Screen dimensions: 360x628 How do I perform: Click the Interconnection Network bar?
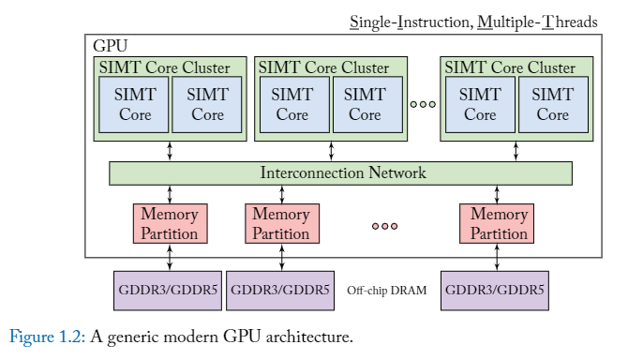point(341,173)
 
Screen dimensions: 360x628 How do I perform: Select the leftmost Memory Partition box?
point(169,224)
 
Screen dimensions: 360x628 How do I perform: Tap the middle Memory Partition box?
point(280,224)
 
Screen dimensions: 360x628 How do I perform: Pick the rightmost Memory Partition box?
point(499,224)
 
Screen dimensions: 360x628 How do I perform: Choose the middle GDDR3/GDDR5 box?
point(279,291)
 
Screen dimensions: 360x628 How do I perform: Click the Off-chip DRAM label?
point(386,292)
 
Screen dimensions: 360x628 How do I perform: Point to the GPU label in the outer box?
point(111,45)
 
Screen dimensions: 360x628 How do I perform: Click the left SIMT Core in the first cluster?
point(135,104)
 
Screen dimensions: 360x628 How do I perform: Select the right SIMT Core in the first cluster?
point(207,104)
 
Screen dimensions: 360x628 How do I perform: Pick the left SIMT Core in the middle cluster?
point(293,104)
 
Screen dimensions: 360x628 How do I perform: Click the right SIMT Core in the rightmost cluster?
point(553,104)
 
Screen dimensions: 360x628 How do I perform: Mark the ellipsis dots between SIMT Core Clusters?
point(424,103)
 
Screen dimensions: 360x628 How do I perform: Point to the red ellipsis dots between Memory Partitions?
point(384,226)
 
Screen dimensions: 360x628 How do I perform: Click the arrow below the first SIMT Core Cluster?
point(170,151)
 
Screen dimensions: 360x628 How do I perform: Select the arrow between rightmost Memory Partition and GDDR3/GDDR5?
point(498,260)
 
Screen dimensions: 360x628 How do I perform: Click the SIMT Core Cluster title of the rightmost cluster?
point(509,67)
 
